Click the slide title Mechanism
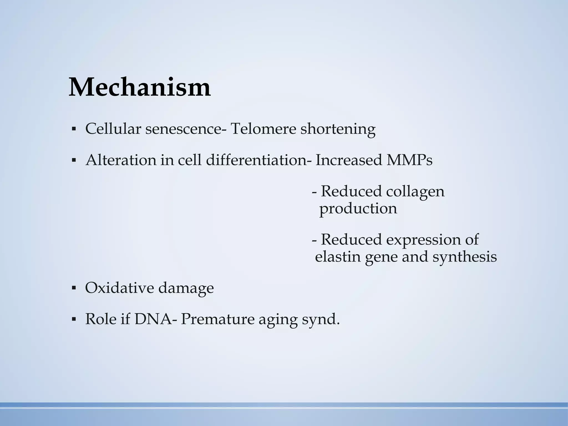140,87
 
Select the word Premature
217,319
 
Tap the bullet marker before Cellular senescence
74,129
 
